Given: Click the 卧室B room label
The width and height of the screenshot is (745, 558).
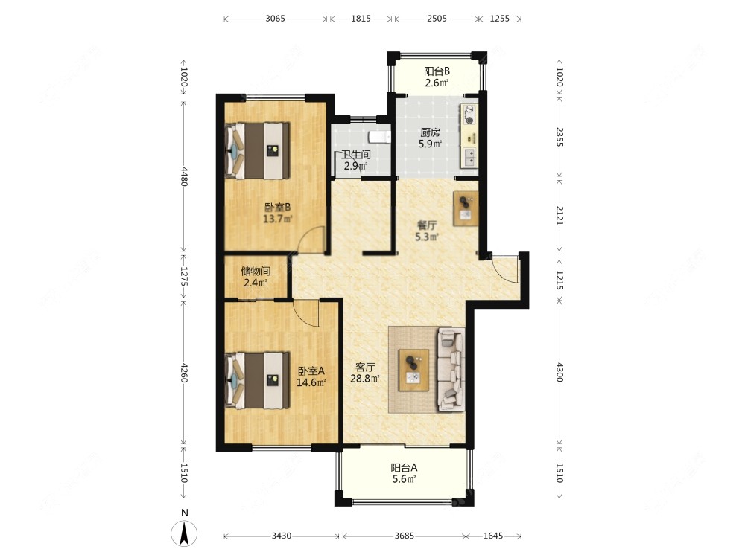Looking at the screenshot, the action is point(277,208).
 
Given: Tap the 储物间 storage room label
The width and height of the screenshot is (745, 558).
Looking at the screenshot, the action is point(256,271).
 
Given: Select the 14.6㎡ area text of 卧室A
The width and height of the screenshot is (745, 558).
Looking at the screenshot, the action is point(311,382).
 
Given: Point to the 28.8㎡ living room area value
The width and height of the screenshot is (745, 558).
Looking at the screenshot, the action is point(365,379).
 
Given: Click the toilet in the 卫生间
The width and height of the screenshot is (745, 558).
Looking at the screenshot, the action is point(380,137).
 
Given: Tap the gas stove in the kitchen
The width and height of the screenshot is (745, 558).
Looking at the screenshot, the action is point(469,114).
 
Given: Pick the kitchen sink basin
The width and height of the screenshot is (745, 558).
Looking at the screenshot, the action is point(469,156).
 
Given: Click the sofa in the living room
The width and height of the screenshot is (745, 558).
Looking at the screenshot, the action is point(451,369).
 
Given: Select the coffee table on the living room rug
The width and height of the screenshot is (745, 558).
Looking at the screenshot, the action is point(413,370).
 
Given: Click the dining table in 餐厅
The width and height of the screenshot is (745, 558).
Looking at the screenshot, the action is point(466,208).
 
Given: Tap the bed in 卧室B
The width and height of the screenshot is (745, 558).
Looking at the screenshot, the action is point(257,151).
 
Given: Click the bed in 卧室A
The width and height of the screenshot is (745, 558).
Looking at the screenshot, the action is point(257,380).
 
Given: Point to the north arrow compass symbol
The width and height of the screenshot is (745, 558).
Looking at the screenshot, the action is point(184,533).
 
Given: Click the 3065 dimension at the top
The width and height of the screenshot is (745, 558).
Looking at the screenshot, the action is point(275,19).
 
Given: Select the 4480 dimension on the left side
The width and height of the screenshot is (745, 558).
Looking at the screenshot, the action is point(184,176).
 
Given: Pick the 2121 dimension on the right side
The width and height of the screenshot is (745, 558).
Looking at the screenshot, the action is point(559,216).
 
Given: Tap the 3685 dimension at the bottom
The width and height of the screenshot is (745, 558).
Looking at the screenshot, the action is point(405,536).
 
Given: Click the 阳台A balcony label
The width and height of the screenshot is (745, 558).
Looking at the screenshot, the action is point(405,467).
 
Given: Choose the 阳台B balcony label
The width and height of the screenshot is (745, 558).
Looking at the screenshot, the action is point(437,71).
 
